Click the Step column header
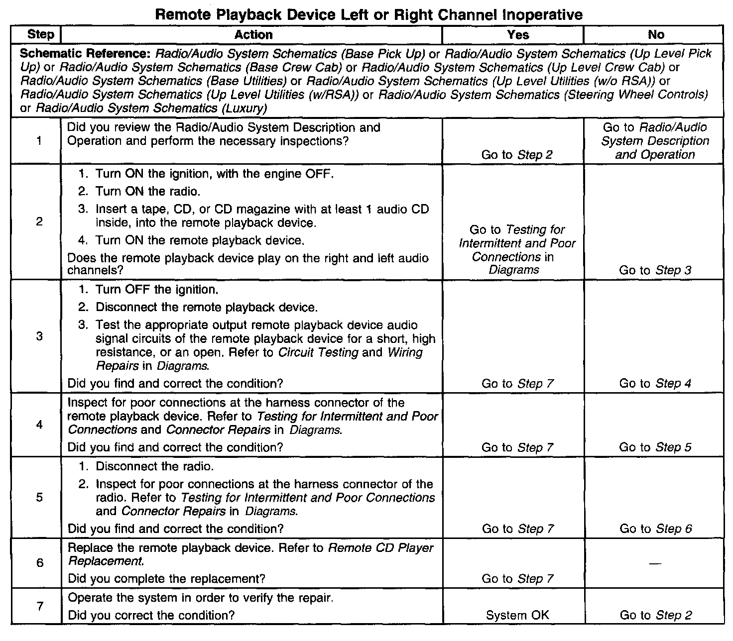pos(41,34)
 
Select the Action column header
pos(253,34)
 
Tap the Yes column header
pos(517,34)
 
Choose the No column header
pos(655,34)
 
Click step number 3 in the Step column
pos(40,336)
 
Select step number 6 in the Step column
pos(40,563)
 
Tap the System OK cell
pos(517,615)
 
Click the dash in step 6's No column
pos(655,563)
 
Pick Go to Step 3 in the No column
pos(655,270)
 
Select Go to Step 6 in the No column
pos(655,529)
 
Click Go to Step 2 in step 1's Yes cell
pos(517,155)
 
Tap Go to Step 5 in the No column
pos(655,447)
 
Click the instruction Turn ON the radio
pos(148,192)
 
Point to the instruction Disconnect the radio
pos(154,467)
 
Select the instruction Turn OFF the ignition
pos(157,290)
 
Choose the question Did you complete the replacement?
pos(166,579)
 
